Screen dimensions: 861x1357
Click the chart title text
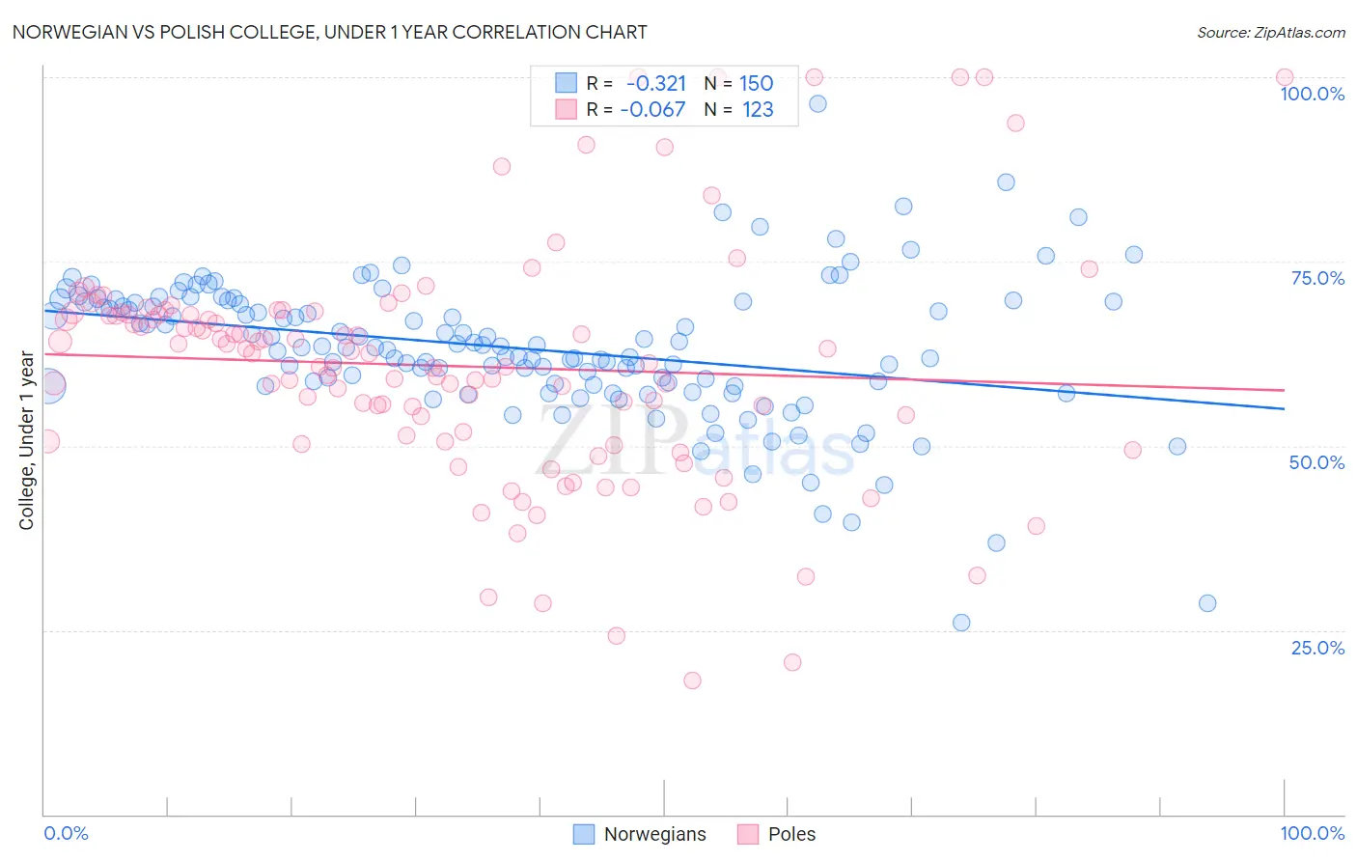(x=329, y=32)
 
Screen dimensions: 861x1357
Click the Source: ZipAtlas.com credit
(x=1270, y=32)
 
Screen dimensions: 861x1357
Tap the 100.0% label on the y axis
(x=1312, y=94)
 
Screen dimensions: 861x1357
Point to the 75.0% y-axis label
(x=1317, y=278)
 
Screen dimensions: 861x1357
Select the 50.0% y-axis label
(x=1316, y=462)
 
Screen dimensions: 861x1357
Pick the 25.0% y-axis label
(x=1317, y=648)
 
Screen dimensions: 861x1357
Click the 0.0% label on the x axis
(x=66, y=833)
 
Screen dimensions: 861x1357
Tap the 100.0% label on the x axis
(x=1312, y=833)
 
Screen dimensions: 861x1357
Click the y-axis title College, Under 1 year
(x=27, y=441)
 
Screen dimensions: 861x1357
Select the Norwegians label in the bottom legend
(x=654, y=834)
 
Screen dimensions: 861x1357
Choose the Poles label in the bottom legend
(x=791, y=834)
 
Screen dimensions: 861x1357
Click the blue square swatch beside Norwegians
(x=584, y=834)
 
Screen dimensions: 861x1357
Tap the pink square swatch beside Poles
(x=748, y=834)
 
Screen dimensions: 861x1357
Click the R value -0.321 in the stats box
(x=656, y=83)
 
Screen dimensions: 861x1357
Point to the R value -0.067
(x=653, y=109)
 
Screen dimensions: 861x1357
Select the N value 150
(x=757, y=83)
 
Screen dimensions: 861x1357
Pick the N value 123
(x=758, y=109)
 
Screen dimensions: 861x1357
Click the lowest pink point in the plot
(x=692, y=680)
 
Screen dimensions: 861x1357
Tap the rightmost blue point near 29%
(x=1207, y=603)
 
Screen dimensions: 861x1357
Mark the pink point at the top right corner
(x=1285, y=77)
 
